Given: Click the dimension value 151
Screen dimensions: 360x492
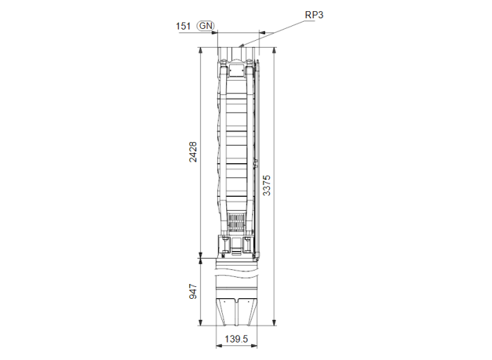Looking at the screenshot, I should [x=183, y=26].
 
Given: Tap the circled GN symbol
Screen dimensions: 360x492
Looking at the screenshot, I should [x=205, y=26].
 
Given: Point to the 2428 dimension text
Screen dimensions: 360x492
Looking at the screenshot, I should [x=193, y=153].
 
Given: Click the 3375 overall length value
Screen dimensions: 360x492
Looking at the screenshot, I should [x=266, y=186].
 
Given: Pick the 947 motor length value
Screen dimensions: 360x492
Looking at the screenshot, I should [x=193, y=292].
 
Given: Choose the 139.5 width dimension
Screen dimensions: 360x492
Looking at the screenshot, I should [x=235, y=340].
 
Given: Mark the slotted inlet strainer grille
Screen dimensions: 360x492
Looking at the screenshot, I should [x=237, y=222].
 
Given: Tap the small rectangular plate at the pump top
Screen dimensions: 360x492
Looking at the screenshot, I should [x=236, y=70].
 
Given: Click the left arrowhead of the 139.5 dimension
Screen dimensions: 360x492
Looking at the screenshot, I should [x=216, y=347].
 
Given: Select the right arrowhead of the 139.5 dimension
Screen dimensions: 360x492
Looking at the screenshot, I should [x=257, y=347].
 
